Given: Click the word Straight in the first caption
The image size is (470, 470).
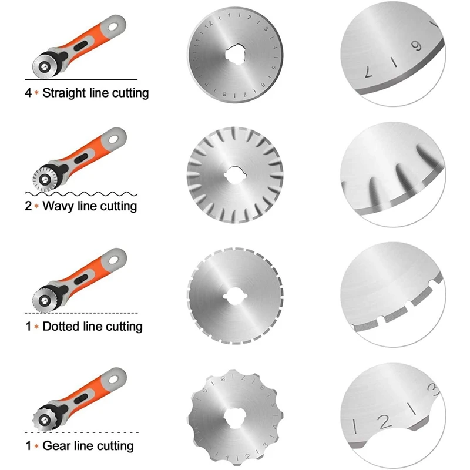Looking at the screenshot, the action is click(x=64, y=93).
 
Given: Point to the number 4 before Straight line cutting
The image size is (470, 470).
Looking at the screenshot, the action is click(x=28, y=93).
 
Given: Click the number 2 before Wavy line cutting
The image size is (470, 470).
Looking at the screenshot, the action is click(x=28, y=206).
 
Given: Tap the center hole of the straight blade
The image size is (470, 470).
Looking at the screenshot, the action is click(x=236, y=55).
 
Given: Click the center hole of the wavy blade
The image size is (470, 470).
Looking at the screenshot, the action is click(x=236, y=175).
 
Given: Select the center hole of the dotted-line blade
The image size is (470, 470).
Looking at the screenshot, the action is click(x=236, y=296).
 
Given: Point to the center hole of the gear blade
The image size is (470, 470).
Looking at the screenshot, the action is click(x=236, y=417).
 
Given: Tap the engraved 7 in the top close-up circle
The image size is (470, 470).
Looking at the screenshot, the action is click(x=369, y=72).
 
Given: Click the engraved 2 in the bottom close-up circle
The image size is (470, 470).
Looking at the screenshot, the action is click(x=384, y=421).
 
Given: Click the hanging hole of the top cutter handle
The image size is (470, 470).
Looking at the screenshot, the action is click(x=113, y=27).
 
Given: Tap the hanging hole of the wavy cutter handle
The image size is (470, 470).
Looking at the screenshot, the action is click(x=113, y=139).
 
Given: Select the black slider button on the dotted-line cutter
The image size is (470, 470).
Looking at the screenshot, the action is click(x=81, y=280).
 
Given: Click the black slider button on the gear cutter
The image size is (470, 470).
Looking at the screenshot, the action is click(x=81, y=399).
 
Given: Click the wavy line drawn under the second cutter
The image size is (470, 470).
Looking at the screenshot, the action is click(x=81, y=194).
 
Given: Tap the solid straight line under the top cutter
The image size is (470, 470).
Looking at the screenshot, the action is click(x=81, y=79).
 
